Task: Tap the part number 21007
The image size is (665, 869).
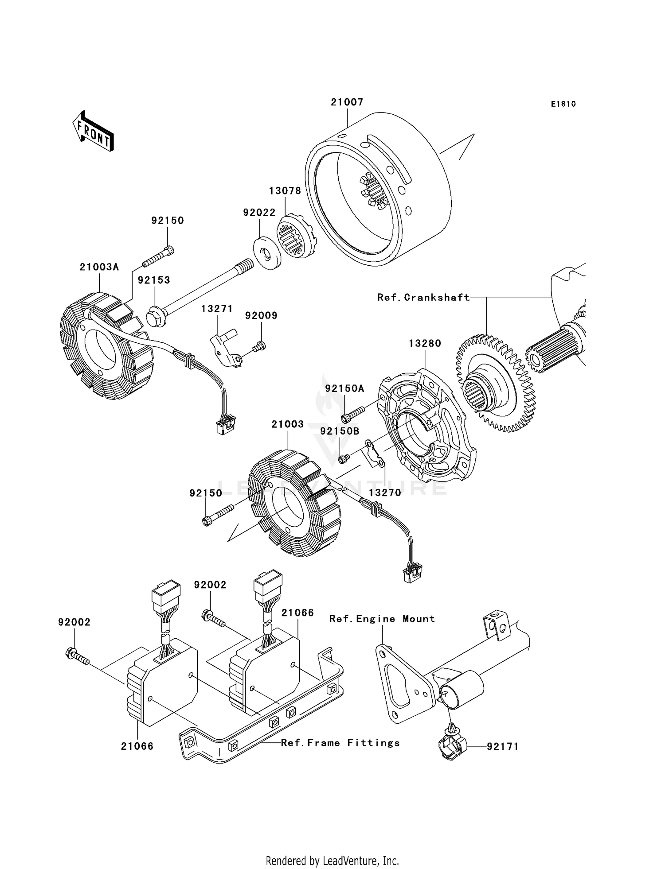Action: pyautogui.click(x=347, y=102)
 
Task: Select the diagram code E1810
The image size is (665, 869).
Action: pyautogui.click(x=563, y=104)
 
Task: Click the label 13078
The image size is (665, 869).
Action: pyautogui.click(x=285, y=190)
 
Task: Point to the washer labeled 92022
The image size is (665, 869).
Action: pyautogui.click(x=267, y=254)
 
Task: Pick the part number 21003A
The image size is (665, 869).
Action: pyautogui.click(x=99, y=267)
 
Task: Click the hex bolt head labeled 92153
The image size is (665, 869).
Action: pyautogui.click(x=156, y=315)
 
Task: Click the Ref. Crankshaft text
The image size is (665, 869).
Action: pyautogui.click(x=423, y=297)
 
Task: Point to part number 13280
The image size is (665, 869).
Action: pyautogui.click(x=425, y=343)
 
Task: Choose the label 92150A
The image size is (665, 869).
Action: pyautogui.click(x=344, y=388)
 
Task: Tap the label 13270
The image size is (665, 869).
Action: pyautogui.click(x=385, y=493)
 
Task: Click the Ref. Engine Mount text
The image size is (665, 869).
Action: pyautogui.click(x=382, y=619)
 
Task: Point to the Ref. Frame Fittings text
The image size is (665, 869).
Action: pyautogui.click(x=340, y=743)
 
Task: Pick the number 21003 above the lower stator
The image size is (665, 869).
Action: pyautogui.click(x=288, y=424)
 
